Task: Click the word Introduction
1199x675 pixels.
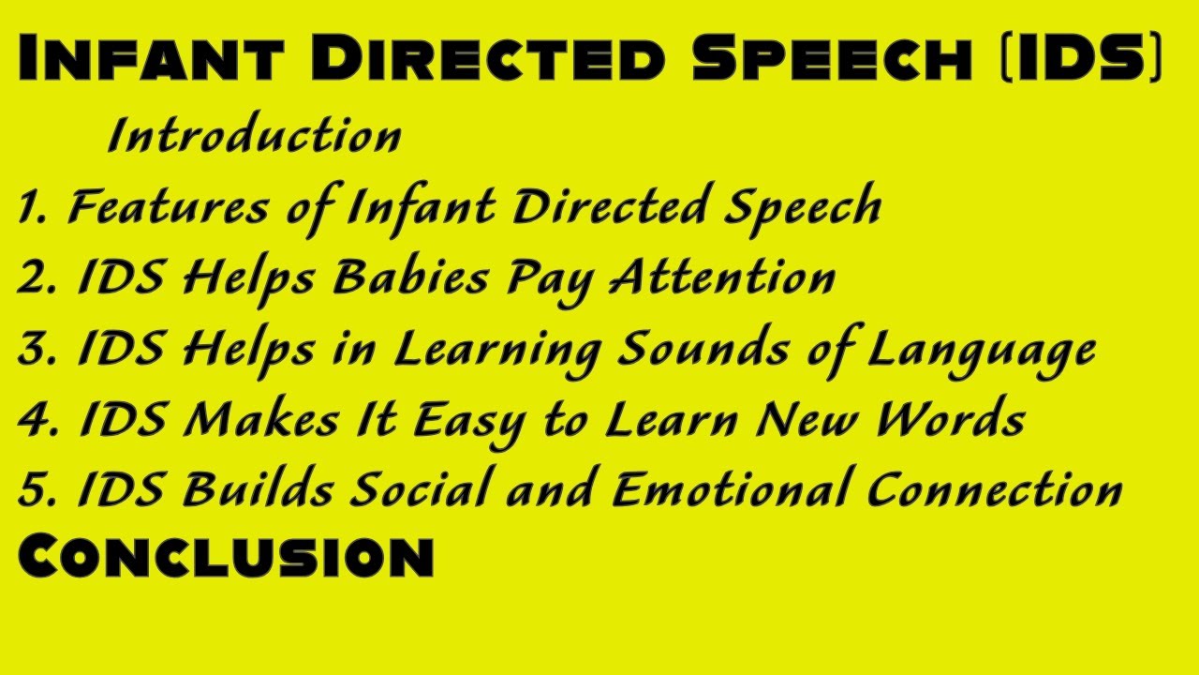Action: [x=255, y=136]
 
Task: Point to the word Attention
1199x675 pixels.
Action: [x=721, y=277]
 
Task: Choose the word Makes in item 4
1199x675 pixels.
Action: [x=259, y=419]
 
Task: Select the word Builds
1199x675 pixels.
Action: [x=256, y=489]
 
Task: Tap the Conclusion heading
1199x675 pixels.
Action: [x=226, y=556]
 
